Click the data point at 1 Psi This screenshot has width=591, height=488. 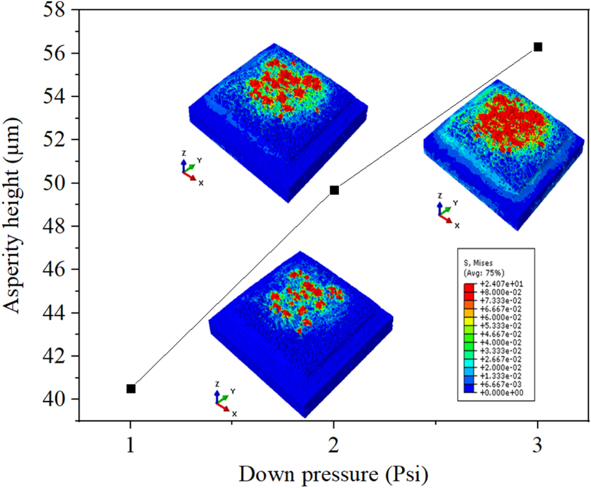coord(131,388)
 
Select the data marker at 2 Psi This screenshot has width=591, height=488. coord(334,190)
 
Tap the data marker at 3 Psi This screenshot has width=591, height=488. coord(538,47)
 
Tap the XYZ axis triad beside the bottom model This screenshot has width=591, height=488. coord(222,400)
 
